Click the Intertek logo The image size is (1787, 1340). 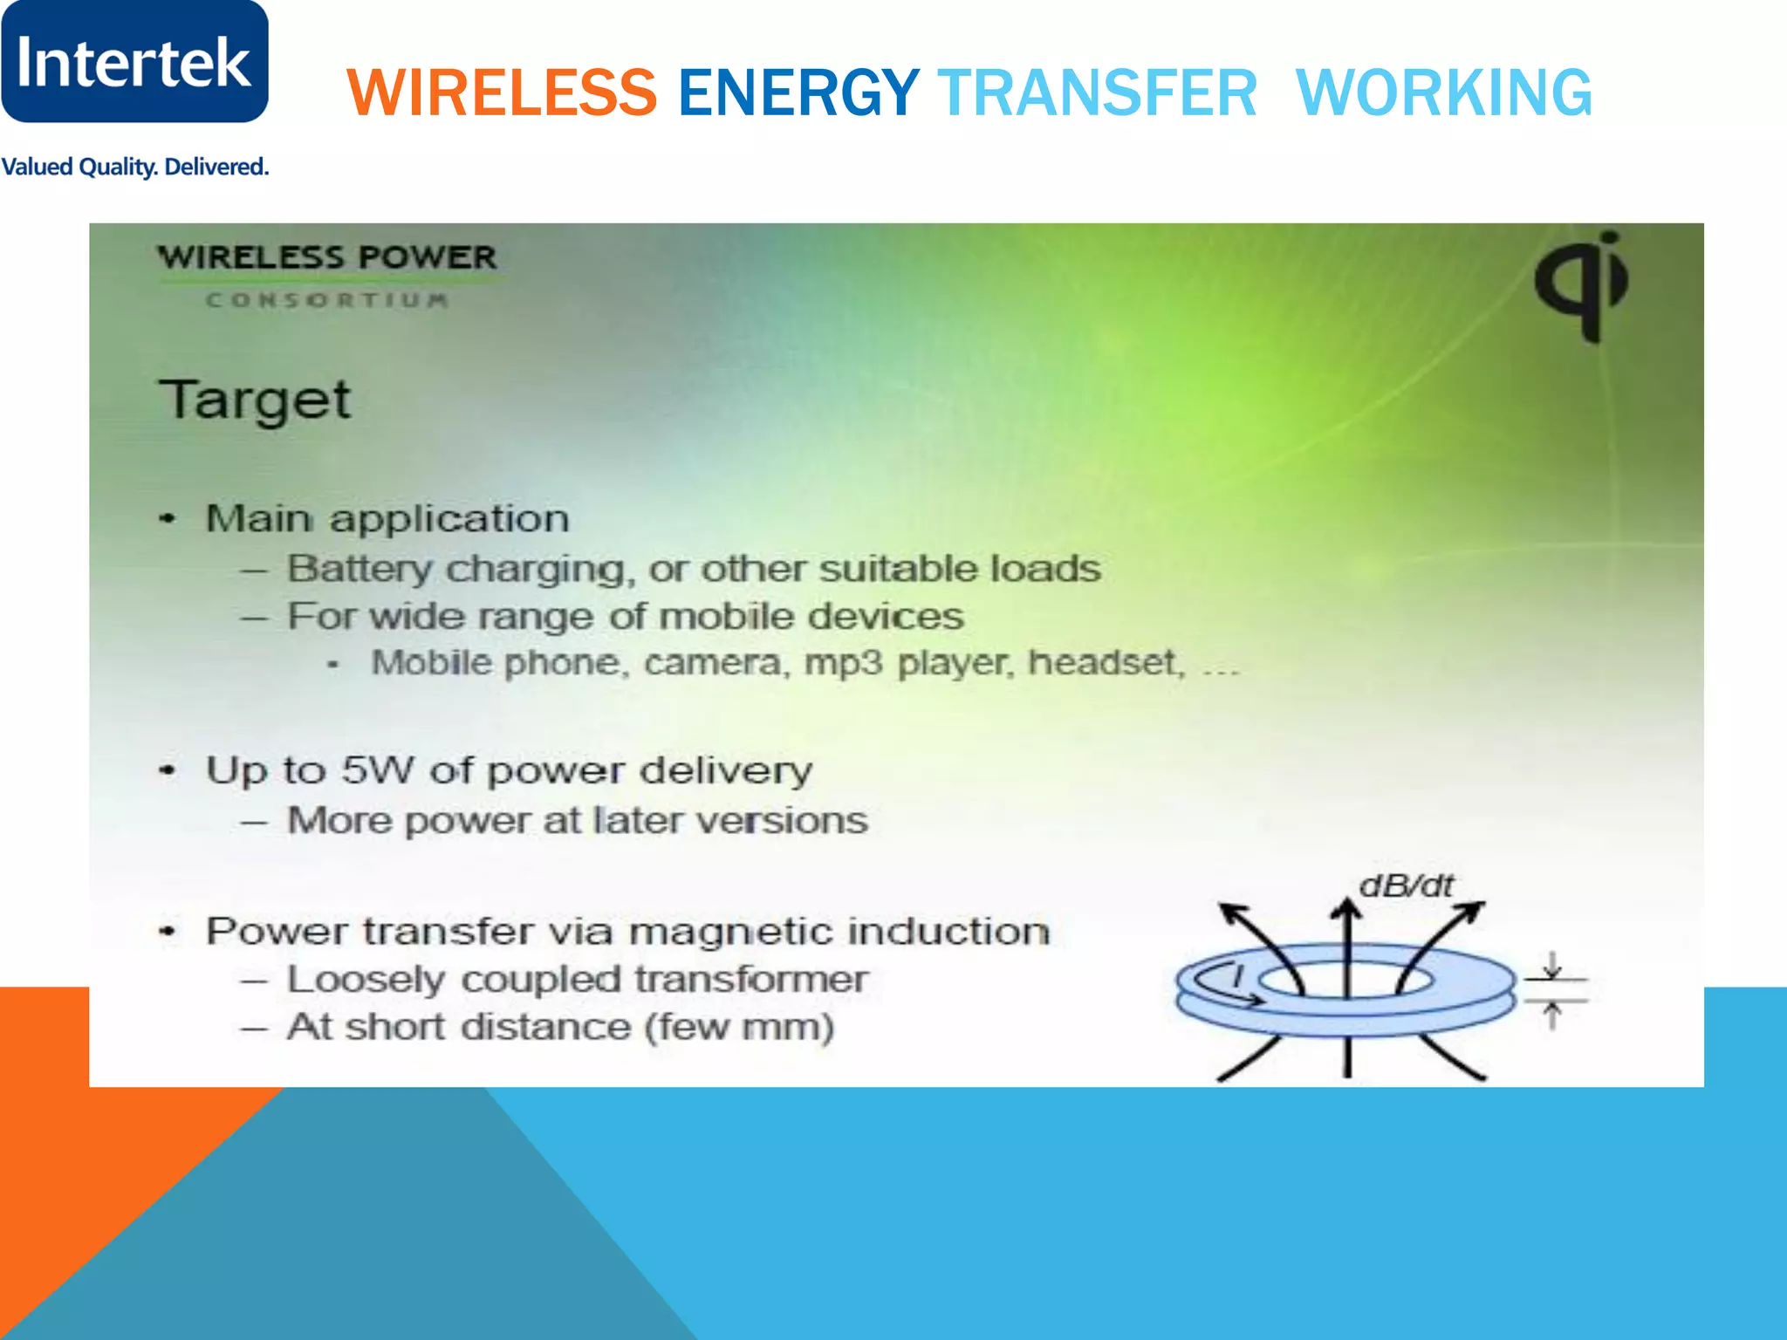point(134,61)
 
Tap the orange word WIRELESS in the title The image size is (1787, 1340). point(502,92)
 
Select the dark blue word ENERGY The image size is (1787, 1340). point(798,92)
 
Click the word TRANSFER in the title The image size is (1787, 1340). point(1097,92)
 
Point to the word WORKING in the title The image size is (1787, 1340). point(1443,92)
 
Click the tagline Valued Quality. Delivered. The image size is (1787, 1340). point(134,167)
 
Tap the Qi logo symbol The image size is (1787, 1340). point(1582,284)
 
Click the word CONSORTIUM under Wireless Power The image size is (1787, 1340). point(327,300)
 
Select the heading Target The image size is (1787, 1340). point(255,400)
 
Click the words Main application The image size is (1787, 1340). point(387,518)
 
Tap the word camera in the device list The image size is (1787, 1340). point(711,663)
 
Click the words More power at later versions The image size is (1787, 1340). point(578,820)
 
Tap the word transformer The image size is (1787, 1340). point(750,979)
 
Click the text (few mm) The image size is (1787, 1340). point(739,1027)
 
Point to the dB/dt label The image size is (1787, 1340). point(1406,886)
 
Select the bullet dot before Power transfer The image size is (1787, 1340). point(168,932)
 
